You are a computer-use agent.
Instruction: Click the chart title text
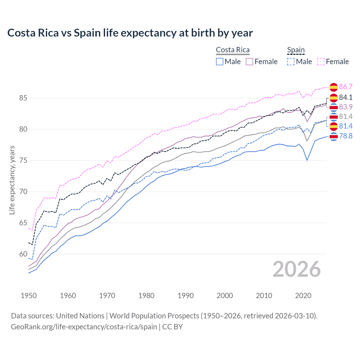click(130, 33)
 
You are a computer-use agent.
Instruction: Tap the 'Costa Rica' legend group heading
click(233, 50)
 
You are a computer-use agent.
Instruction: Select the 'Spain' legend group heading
click(296, 50)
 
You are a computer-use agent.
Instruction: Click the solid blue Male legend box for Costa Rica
click(220, 62)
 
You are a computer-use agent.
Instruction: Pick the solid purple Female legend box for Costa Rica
click(249, 62)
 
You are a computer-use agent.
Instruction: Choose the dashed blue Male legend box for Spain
click(291, 62)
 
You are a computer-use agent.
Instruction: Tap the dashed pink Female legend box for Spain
click(321, 62)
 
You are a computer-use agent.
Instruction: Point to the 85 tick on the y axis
click(23, 98)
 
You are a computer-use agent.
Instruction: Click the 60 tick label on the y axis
click(23, 254)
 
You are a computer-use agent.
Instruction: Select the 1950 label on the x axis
click(29, 296)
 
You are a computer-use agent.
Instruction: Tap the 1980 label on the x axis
click(146, 296)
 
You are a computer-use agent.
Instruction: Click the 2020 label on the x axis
click(303, 296)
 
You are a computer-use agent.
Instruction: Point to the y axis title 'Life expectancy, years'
click(12, 180)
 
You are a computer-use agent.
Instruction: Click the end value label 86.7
click(346, 87)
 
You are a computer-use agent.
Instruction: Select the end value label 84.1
click(346, 97)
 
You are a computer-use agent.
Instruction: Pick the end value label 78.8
click(346, 136)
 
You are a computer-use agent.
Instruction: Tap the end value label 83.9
click(346, 107)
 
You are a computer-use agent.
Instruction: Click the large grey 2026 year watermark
click(296, 269)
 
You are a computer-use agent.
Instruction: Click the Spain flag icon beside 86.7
click(334, 87)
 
